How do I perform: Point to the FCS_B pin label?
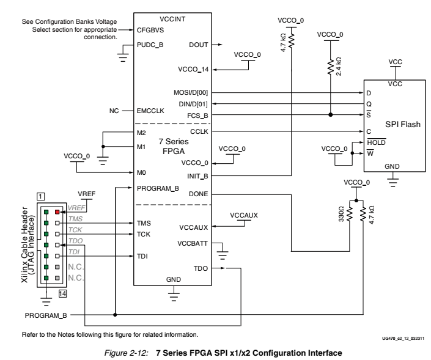199,114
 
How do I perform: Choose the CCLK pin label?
201,131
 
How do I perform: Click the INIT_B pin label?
199,176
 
